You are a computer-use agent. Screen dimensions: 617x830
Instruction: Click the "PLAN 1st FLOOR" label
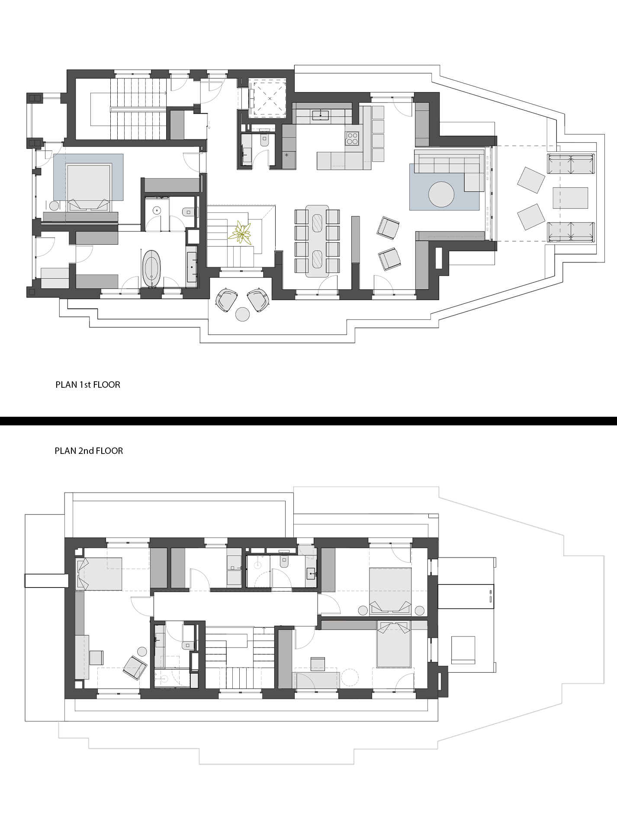click(x=88, y=385)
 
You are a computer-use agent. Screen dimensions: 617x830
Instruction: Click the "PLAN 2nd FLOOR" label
click(x=89, y=451)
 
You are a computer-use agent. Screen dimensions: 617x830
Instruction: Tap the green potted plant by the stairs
click(x=241, y=233)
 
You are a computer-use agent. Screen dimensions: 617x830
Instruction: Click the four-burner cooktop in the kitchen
click(x=352, y=138)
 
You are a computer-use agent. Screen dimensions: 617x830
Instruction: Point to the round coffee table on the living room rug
click(x=441, y=195)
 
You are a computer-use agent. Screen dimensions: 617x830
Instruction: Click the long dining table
click(x=317, y=240)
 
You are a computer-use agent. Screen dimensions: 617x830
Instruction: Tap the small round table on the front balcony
click(x=242, y=314)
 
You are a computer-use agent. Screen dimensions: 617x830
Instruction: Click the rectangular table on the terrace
click(x=570, y=198)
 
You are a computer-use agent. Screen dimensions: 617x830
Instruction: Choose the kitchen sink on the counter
click(x=320, y=115)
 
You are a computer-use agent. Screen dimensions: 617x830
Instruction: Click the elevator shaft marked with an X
click(x=270, y=99)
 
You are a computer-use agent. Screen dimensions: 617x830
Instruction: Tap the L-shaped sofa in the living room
click(x=450, y=170)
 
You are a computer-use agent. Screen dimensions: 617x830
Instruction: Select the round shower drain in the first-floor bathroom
click(x=157, y=211)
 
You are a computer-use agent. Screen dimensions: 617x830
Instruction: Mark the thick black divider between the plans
click(x=308, y=421)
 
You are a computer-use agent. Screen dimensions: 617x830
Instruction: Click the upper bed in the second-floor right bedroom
click(x=390, y=590)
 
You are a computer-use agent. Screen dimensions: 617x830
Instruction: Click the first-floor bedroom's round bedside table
click(x=54, y=206)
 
